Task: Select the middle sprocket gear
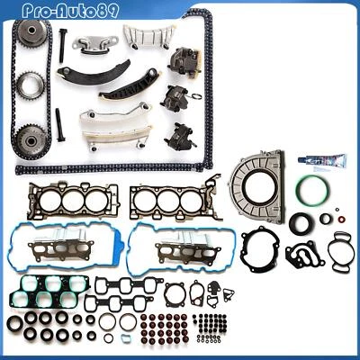pyautogui.click(x=28, y=87)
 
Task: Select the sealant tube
pyautogui.click(x=320, y=161)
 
